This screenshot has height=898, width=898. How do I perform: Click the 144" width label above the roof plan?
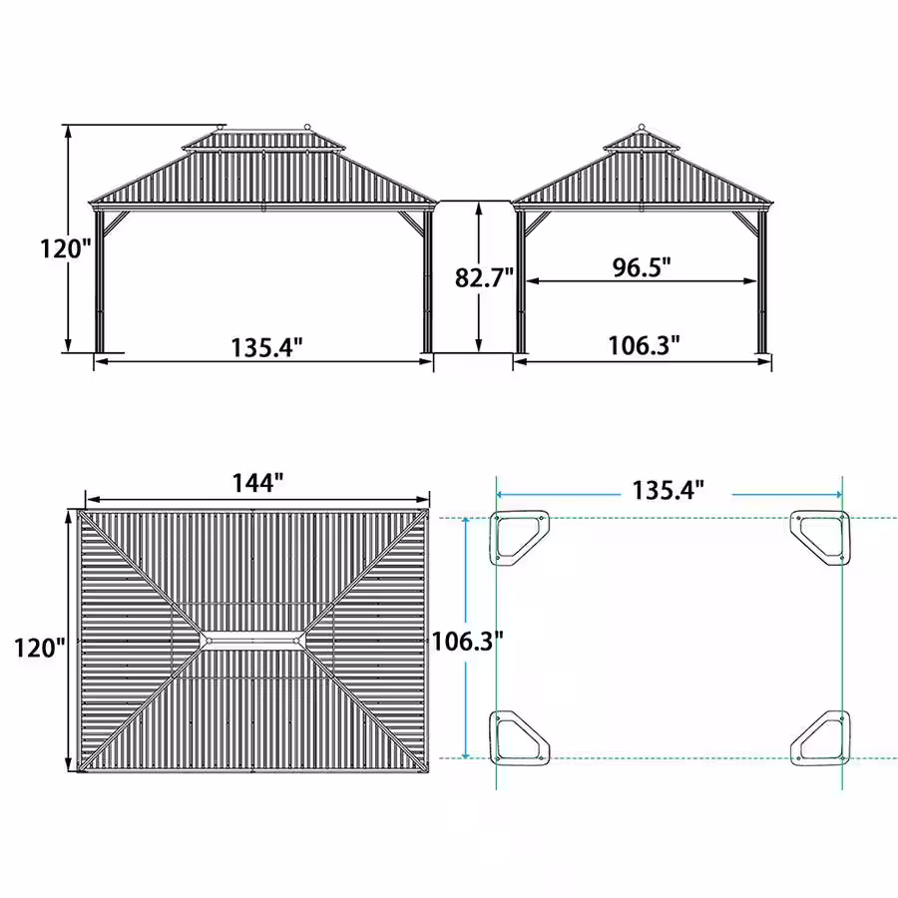(x=257, y=483)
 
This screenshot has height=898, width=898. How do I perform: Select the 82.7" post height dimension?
(x=484, y=277)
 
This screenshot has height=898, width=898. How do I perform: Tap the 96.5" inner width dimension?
(x=642, y=266)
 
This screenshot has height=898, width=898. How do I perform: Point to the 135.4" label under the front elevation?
(x=266, y=347)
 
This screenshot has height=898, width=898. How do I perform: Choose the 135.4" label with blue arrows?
(x=668, y=490)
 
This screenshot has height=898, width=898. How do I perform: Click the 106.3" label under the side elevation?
(x=644, y=345)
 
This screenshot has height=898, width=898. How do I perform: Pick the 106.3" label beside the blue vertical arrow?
(x=467, y=641)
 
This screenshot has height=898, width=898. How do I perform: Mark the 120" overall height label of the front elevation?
(x=65, y=248)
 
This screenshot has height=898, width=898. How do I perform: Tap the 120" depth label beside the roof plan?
(x=40, y=648)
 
